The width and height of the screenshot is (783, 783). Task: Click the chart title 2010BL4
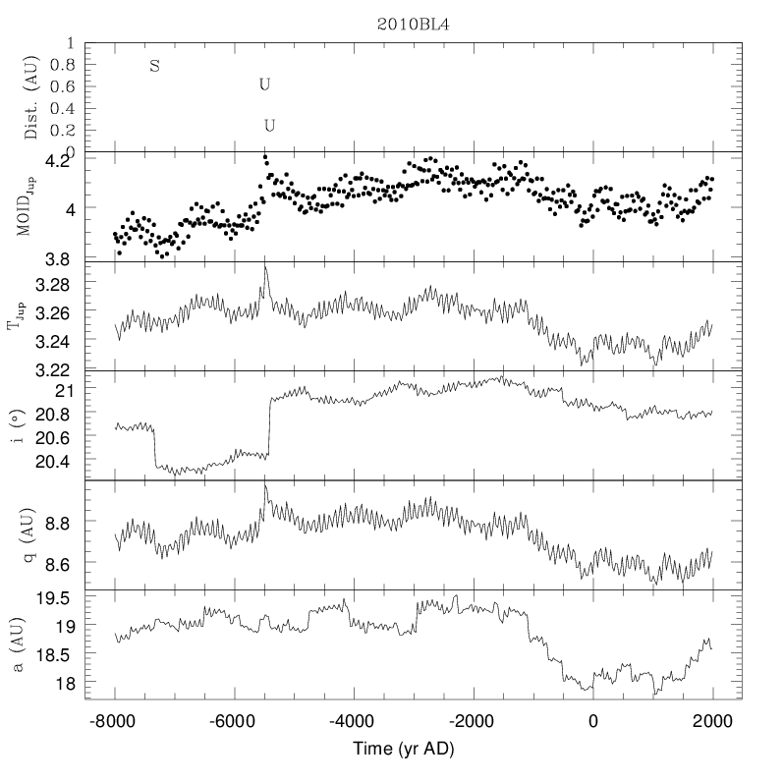pos(413,25)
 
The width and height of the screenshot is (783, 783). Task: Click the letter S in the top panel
pos(155,66)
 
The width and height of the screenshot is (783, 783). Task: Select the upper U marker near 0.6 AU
pos(264,84)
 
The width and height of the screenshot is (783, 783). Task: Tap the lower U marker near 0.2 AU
pos(269,126)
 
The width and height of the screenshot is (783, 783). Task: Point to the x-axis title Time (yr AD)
pos(404,749)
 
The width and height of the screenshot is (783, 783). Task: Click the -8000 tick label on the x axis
pos(112,721)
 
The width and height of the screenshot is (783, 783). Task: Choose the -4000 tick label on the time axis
pos(351,721)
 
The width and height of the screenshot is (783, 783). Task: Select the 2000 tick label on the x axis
pos(712,721)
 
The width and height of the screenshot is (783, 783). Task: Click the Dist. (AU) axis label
pos(31,97)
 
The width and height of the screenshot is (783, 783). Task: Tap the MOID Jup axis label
pos(26,205)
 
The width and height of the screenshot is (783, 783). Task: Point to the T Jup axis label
pos(16,315)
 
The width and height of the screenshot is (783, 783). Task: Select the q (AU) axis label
pos(28,534)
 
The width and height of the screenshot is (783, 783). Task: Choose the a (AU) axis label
pos(17,644)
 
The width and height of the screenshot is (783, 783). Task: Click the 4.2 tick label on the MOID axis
pos(58,161)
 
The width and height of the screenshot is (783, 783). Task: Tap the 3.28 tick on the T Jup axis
pos(52,285)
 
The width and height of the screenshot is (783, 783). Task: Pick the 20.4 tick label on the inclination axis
pos(52,462)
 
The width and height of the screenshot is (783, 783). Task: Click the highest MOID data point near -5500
pos(265,157)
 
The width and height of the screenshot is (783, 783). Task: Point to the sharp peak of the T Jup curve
pos(265,267)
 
